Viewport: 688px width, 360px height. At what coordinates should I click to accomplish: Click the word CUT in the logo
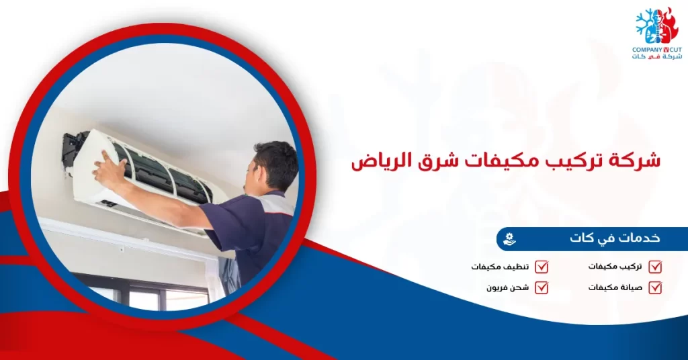click(x=675, y=50)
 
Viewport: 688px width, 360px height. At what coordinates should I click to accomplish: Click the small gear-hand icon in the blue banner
click(x=510, y=238)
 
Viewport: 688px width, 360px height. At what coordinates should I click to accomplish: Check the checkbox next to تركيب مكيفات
click(x=656, y=267)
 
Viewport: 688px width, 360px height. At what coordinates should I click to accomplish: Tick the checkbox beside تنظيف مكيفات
click(x=542, y=267)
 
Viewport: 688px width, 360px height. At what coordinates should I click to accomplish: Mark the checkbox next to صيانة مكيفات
click(x=656, y=287)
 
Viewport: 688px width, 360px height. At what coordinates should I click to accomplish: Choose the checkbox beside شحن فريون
click(x=542, y=287)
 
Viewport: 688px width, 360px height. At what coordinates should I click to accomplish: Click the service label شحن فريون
click(x=508, y=287)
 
